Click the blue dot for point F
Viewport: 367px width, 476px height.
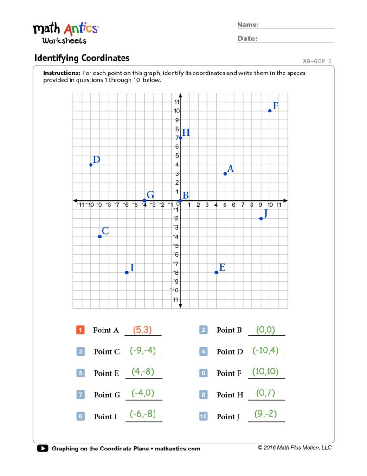point(270,111)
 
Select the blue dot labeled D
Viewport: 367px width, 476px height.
point(91,165)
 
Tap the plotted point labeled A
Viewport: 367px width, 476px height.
point(225,174)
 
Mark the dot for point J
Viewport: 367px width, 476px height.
point(261,218)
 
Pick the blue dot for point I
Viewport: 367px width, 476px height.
point(127,272)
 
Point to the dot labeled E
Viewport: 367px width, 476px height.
point(216,272)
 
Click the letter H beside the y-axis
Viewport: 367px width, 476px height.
point(186,133)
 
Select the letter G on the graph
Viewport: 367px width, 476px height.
point(150,195)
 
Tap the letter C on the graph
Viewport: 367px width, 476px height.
point(105,231)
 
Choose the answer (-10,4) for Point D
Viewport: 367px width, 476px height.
point(266,350)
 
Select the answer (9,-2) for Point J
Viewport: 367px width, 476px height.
point(265,414)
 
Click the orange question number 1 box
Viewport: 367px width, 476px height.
point(80,330)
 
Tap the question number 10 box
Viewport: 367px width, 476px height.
point(203,416)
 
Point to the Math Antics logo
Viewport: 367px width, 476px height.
point(65,33)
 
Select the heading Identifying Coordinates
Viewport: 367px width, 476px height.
point(82,58)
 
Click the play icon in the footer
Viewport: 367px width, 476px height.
point(42,449)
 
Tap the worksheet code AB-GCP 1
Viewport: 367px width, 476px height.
point(317,61)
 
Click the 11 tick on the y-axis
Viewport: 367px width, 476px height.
point(176,102)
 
